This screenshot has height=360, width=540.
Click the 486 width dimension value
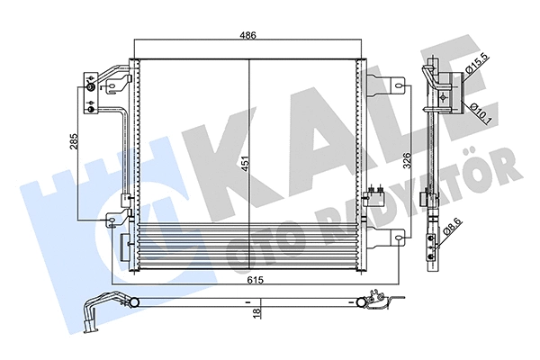[248, 35]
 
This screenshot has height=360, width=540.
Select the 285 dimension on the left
[74, 141]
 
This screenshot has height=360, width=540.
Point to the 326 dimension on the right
[407, 160]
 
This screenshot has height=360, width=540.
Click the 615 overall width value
[256, 280]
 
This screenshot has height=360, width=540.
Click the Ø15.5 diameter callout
[477, 64]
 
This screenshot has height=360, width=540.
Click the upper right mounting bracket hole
[399, 85]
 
